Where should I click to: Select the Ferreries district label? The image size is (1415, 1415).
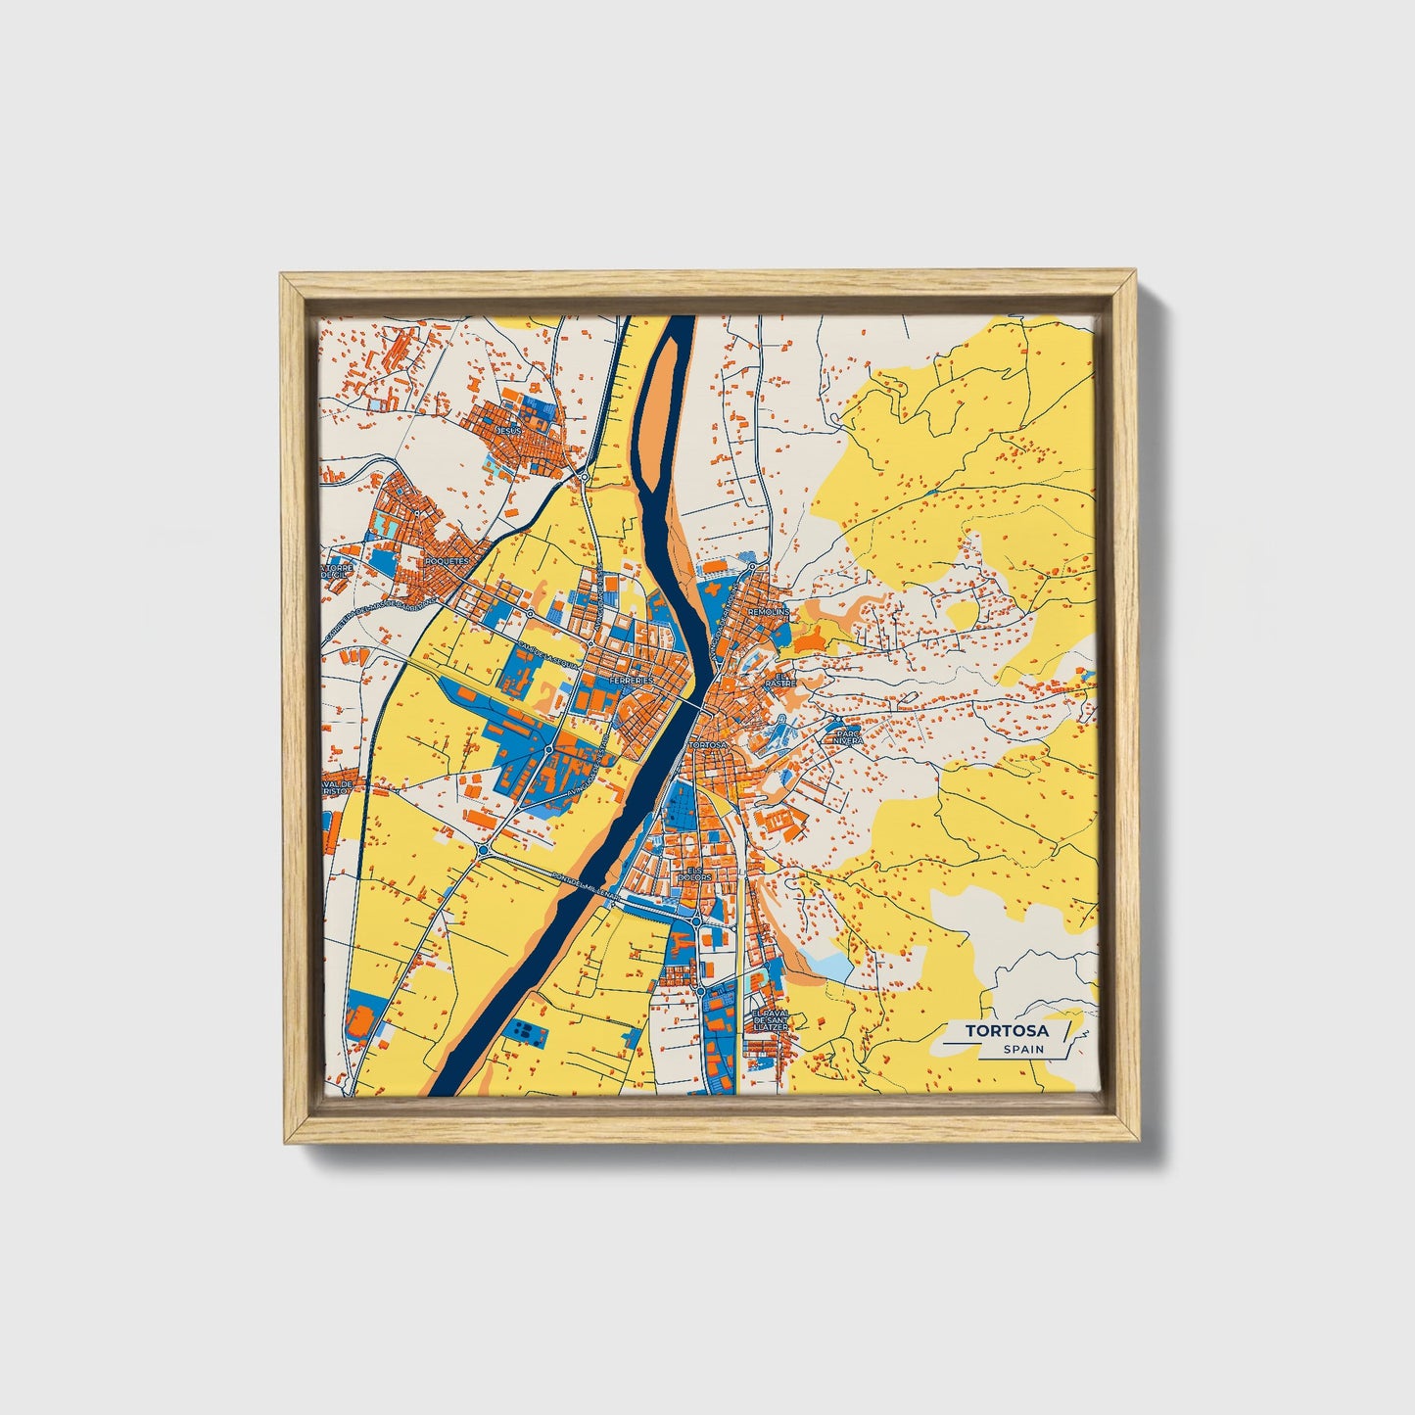click(x=632, y=679)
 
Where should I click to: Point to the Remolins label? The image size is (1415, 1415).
click(x=768, y=611)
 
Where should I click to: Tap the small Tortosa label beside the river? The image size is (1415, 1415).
click(x=710, y=745)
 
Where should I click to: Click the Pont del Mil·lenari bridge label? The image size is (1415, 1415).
click(x=585, y=885)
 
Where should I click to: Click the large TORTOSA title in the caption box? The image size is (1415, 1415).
click(x=1006, y=1030)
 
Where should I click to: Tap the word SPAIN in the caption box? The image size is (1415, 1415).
click(x=1023, y=1050)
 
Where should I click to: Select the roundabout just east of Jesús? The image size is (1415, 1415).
click(x=585, y=477)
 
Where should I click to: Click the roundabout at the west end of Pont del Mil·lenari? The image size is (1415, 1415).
click(x=484, y=850)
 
